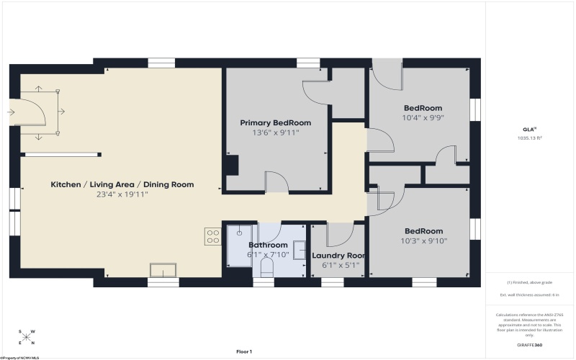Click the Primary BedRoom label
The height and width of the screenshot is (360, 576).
coord(275,123)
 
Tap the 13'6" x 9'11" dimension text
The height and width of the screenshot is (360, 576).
coord(275,132)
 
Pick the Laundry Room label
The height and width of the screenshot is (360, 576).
coord(338,256)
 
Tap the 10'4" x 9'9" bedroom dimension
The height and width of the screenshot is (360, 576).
coord(423,117)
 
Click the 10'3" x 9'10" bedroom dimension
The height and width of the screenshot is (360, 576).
coord(423,241)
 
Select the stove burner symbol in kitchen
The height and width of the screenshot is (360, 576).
coord(212,236)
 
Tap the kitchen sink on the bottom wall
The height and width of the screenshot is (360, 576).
coord(163,270)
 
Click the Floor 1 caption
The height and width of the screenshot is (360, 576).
coord(244,351)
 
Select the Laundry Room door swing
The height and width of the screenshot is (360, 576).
coord(338,235)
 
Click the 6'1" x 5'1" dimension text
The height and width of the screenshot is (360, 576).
coord(338,265)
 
